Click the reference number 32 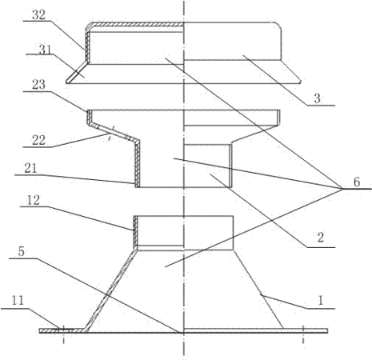tap(39, 15)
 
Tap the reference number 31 tap(46, 50)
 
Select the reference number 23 tap(39, 85)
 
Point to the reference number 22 tap(39, 140)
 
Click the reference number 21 tap(30, 169)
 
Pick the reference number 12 tap(33, 200)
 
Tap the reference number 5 tap(22, 251)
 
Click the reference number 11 tap(18, 301)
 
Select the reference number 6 tap(357, 182)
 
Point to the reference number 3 tap(317, 98)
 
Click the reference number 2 tap(320, 238)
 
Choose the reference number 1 tap(321, 301)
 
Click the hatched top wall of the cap tap(136, 25)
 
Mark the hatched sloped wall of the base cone tap(110, 290)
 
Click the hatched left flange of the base tap(62, 330)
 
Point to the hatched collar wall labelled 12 tap(135, 231)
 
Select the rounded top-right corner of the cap tap(279, 26)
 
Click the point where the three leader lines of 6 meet tap(342, 189)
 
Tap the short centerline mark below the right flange tap(303, 341)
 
